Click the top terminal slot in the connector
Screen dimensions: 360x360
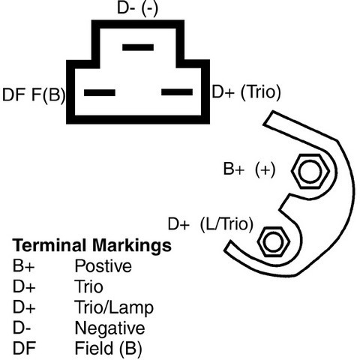[x=138, y=47]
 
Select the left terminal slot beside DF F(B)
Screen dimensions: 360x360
[x=100, y=92]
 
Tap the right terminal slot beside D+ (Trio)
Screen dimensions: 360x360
[x=177, y=92]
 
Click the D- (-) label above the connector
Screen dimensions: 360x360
[x=138, y=8]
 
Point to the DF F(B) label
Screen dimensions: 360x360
[x=34, y=94]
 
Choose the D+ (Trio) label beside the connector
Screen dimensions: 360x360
[x=246, y=92]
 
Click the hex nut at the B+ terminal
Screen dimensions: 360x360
[x=310, y=172]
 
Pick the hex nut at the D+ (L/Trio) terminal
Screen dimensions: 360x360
[x=274, y=241]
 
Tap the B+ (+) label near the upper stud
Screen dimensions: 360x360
[x=249, y=169]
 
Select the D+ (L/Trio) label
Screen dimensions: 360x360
[x=211, y=224]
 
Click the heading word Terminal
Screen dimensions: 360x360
[x=49, y=245]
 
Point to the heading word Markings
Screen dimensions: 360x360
[x=132, y=246]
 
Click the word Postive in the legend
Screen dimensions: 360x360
[x=103, y=265]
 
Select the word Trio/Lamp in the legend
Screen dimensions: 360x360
[x=114, y=308]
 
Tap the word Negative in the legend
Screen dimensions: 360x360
[x=109, y=328]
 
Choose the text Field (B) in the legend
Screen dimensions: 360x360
[x=109, y=348]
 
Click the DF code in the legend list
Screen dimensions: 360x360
[x=24, y=348]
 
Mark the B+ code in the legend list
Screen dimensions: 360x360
[x=23, y=265]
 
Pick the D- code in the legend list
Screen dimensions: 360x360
[x=22, y=328]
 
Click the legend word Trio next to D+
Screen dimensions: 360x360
[x=88, y=286]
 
